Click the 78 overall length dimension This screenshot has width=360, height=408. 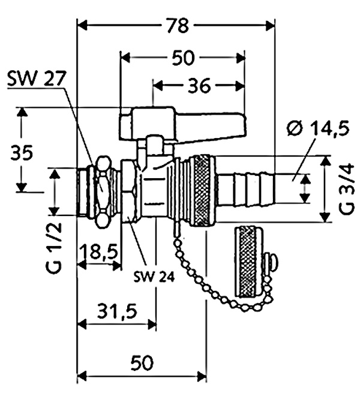pyautogui.click(x=178, y=26)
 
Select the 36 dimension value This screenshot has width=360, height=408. pyautogui.click(x=199, y=86)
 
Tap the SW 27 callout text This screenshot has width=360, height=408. pyautogui.click(x=36, y=79)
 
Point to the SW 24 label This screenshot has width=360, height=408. pyautogui.click(x=154, y=277)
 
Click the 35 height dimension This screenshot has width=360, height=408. pyautogui.click(x=22, y=153)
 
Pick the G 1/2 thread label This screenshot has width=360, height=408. pyautogui.click(x=54, y=247)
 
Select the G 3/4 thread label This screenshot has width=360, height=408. pyautogui.click(x=347, y=188)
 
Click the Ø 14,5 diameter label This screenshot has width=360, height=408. pyautogui.click(x=318, y=128)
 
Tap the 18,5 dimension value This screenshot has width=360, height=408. pyautogui.click(x=99, y=252)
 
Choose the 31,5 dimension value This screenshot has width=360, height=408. pyautogui.click(x=118, y=311)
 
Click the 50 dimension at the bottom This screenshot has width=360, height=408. pyautogui.click(x=142, y=363)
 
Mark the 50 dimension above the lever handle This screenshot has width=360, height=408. pyautogui.click(x=183, y=58)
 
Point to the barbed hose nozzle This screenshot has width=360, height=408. pyautogui.click(x=245, y=188)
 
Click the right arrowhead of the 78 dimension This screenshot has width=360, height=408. pyautogui.click(x=270, y=26)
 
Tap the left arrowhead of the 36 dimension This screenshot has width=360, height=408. pyautogui.click(x=157, y=86)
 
